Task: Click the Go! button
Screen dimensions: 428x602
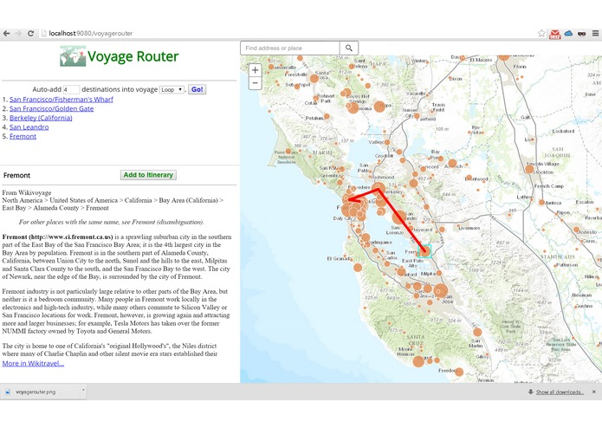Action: tap(197, 89)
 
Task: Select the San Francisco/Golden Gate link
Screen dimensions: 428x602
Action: tap(52, 108)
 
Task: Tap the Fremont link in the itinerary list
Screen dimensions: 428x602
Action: tap(23, 136)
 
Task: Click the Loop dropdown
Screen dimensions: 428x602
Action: tap(172, 89)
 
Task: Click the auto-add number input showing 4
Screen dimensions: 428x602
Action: tap(71, 89)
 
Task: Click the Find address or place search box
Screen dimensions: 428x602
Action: tap(290, 48)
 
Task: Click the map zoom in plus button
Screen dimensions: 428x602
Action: tap(255, 69)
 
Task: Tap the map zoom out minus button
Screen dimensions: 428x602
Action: tap(255, 83)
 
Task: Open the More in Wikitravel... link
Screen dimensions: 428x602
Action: tap(33, 363)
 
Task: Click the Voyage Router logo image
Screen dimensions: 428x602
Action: tap(73, 56)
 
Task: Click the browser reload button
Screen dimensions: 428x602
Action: tap(31, 33)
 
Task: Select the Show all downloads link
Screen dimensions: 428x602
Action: tap(559, 392)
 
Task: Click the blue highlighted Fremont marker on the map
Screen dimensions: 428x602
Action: tap(424, 251)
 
